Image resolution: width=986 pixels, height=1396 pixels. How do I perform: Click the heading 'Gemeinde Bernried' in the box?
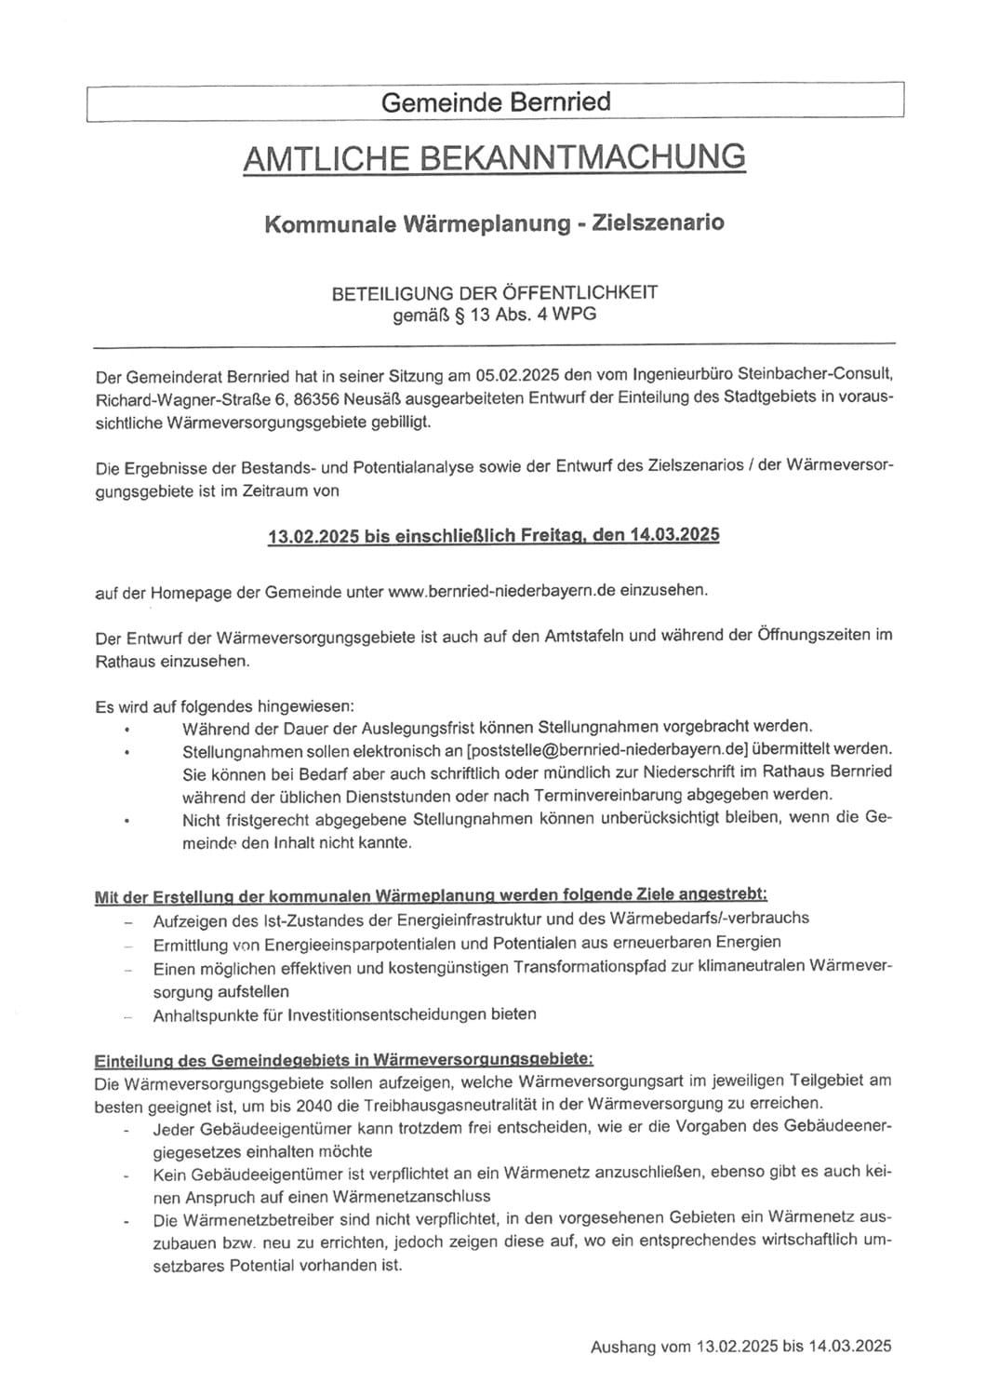pyautogui.click(x=495, y=101)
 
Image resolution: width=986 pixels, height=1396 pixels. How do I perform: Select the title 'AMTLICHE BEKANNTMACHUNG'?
pyautogui.click(x=494, y=158)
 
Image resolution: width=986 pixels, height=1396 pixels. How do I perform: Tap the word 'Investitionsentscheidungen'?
pyautogui.click(x=388, y=1014)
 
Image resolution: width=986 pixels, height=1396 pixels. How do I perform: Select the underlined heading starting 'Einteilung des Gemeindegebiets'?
pyautogui.click(x=343, y=1060)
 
